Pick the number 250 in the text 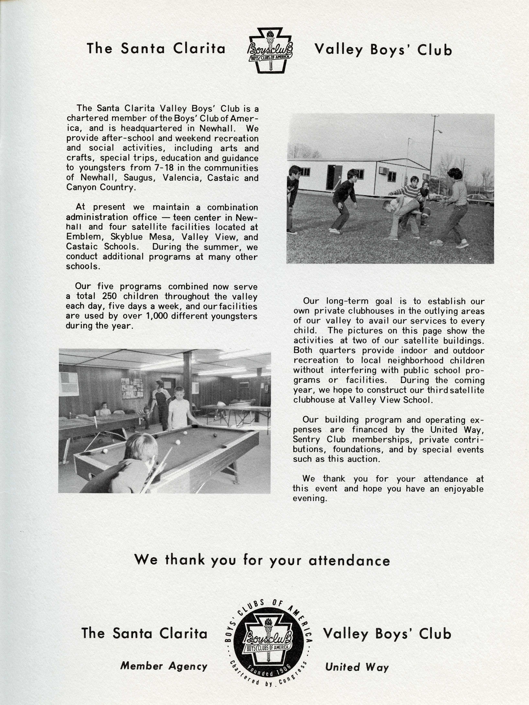point(109,296)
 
